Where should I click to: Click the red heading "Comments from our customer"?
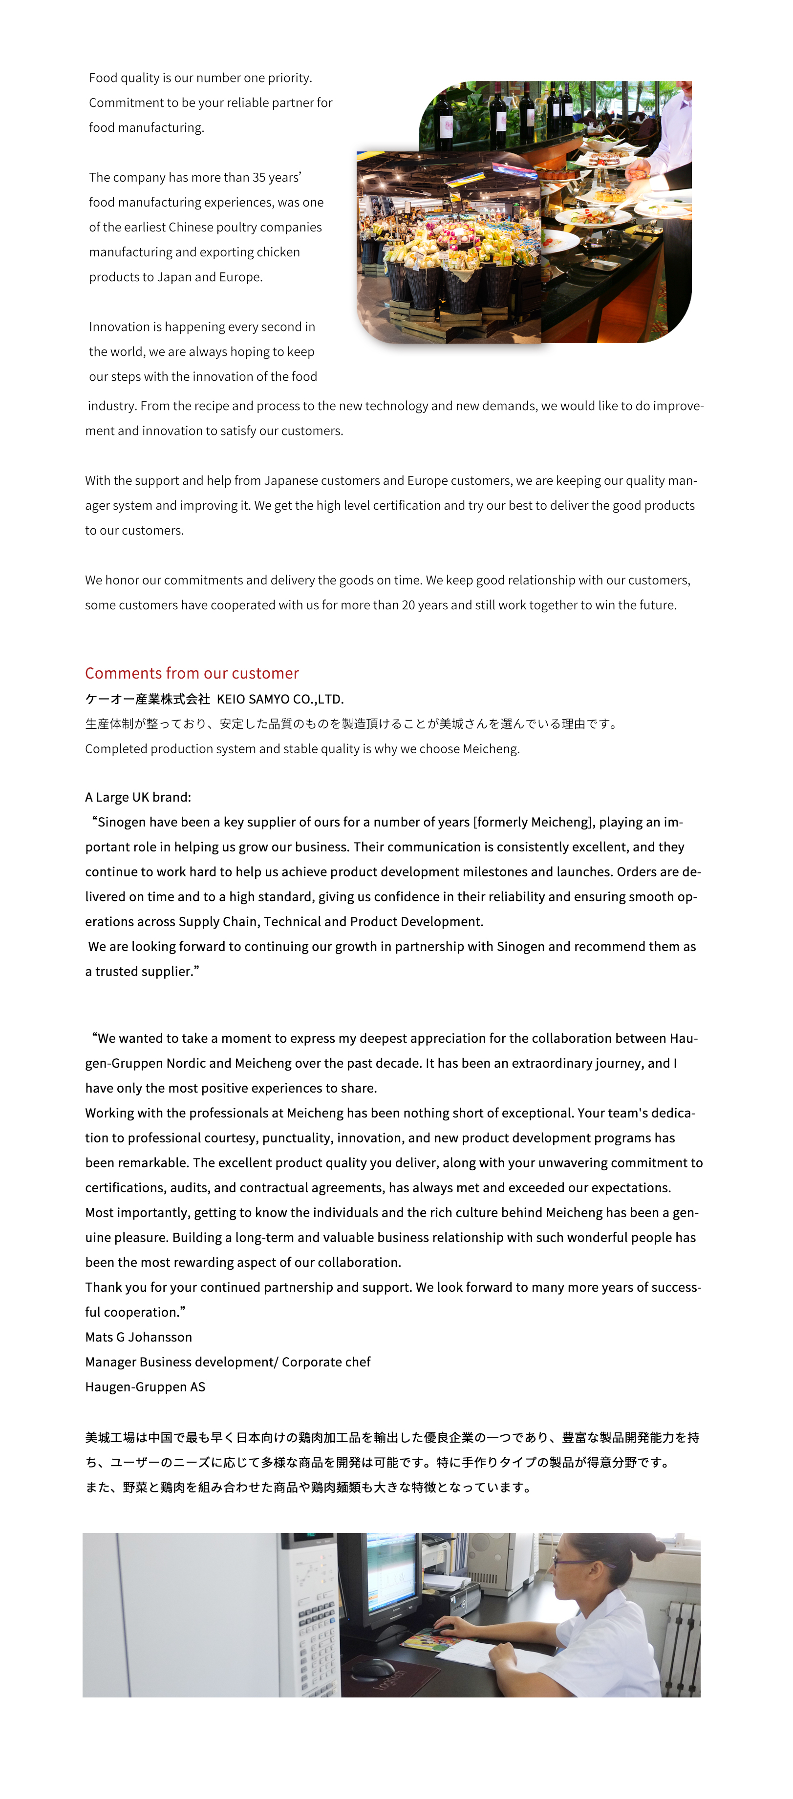192,673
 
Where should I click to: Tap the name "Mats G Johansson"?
138,1337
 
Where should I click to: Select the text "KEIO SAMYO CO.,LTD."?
280,699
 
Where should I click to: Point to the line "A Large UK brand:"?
138,797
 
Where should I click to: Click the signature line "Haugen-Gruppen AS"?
145,1386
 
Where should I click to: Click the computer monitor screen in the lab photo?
392,1575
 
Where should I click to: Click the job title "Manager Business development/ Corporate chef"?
228,1362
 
